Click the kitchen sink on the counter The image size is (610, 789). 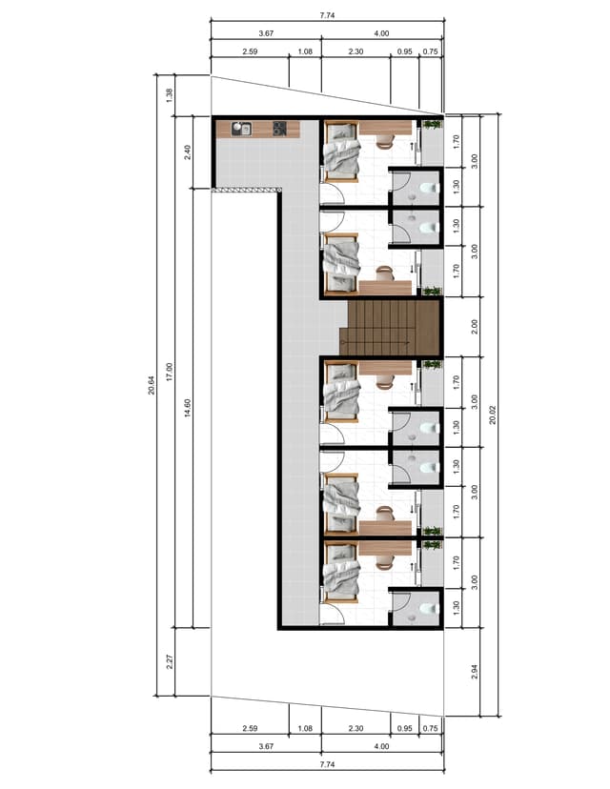pos(241,129)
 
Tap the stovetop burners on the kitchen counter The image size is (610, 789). pos(279,129)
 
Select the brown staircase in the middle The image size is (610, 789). pos(390,328)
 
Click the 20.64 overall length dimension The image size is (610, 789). pos(151,385)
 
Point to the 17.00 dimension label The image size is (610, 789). pos(170,372)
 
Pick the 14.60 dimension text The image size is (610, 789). pos(188,408)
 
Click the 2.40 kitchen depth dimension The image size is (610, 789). pos(188,152)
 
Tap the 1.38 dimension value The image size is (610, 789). pos(170,95)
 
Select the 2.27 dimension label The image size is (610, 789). pos(170,661)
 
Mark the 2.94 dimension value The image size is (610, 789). pos(474,672)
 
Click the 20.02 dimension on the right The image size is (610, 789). pos(493,415)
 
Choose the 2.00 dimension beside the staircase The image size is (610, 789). pos(474,327)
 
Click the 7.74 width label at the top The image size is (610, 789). pos(327,15)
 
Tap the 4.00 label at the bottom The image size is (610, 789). pos(381,746)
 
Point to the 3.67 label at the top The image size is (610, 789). pos(266,33)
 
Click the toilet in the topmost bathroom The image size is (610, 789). pos(429,188)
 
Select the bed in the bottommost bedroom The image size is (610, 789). pos(341,574)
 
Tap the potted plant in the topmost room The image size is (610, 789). pos(432,124)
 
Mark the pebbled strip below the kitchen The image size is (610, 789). pos(246,191)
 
